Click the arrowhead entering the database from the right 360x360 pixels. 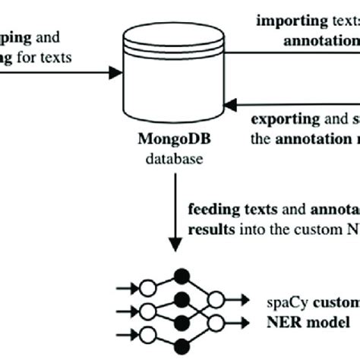(x=235, y=98)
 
